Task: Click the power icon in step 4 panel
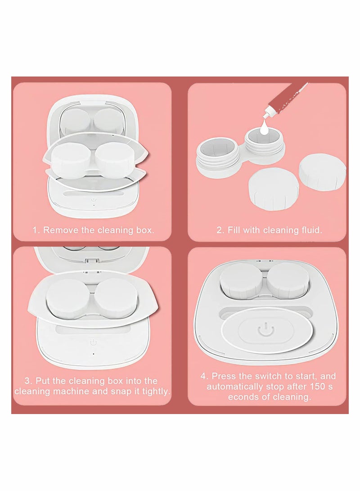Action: coord(264,330)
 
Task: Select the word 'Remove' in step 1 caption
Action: coord(61,230)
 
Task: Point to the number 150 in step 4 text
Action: coord(318,387)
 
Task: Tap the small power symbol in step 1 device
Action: coord(93,200)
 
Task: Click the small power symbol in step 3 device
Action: coord(93,342)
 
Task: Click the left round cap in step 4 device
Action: coord(241,279)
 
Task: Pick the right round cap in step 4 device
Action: coord(288,279)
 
